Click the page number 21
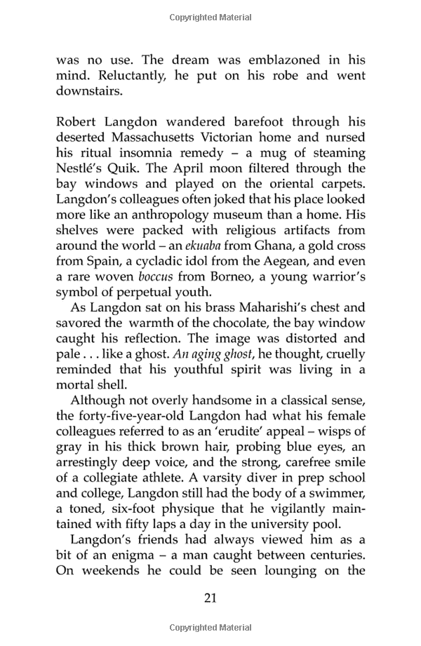pyautogui.click(x=210, y=598)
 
